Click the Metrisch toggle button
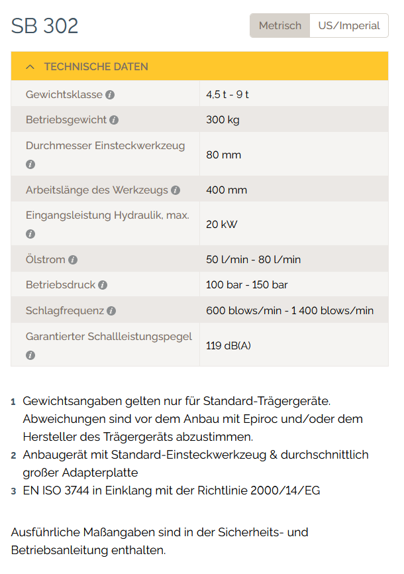coord(279,26)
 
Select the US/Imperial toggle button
coord(349,26)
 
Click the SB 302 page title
coord(45,26)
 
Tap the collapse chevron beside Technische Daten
coord(30,67)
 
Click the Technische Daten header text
coord(96,67)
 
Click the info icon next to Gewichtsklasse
coord(110,95)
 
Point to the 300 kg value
coord(223,120)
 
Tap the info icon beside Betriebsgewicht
coord(114,120)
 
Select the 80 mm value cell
coord(223,155)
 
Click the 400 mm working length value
coord(227,190)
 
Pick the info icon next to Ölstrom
coord(73,260)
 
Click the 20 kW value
coord(221,225)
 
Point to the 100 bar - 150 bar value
coord(246,285)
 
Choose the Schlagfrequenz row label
coord(65,311)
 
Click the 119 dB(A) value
coord(228,346)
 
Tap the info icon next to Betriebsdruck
coord(103,285)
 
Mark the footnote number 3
coord(13,491)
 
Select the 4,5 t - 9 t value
coord(227,95)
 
